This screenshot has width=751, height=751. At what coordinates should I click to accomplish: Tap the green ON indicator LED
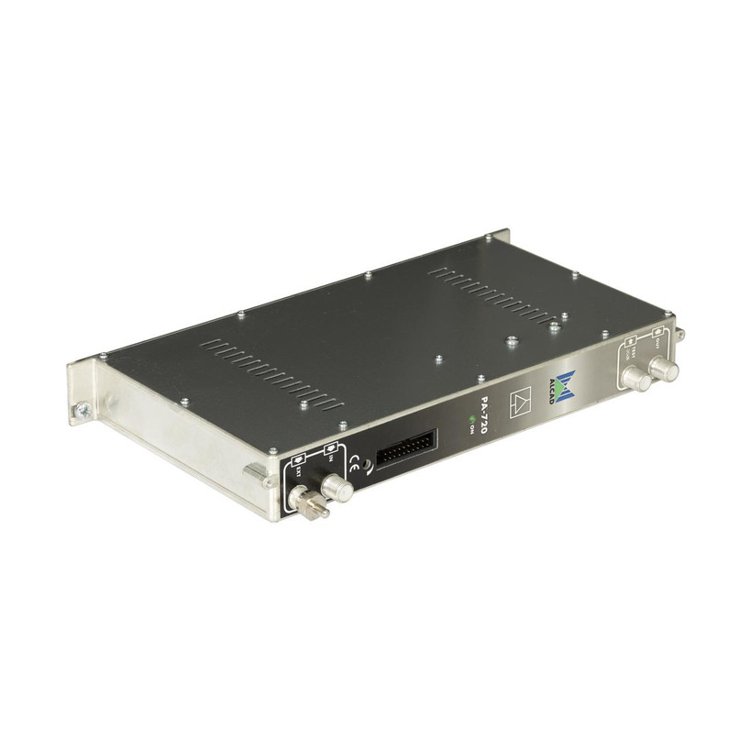click(472, 421)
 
